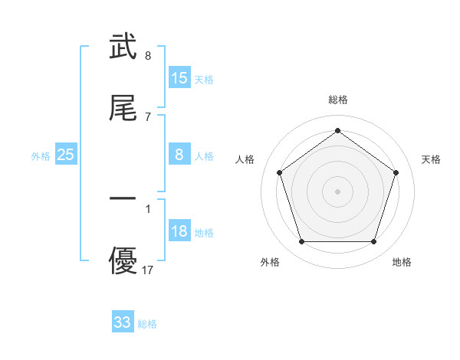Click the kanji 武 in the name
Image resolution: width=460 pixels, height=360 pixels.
(x=123, y=47)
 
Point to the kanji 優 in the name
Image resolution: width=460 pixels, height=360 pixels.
(x=123, y=260)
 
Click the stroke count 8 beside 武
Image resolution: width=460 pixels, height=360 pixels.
(x=147, y=56)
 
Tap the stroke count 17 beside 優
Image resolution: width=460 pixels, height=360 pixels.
(x=148, y=270)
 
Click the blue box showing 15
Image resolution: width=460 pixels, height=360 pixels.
(x=179, y=78)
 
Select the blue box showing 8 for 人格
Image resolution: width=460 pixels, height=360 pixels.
(x=179, y=155)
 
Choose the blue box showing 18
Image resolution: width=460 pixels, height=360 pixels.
(x=179, y=231)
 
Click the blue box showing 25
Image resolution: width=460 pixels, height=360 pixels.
(x=66, y=155)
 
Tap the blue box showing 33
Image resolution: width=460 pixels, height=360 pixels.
(x=123, y=322)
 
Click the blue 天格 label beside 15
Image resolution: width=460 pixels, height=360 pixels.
(x=204, y=80)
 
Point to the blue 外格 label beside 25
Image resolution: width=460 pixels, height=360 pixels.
(x=41, y=156)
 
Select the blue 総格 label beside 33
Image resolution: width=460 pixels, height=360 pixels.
(x=147, y=324)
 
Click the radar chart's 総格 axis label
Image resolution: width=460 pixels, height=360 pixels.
(x=337, y=100)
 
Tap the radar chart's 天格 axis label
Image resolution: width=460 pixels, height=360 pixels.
(x=432, y=159)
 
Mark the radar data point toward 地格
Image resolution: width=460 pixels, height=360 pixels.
(x=373, y=242)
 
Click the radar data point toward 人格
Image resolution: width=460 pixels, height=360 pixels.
(x=279, y=172)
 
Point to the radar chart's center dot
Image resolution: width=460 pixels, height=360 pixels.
(x=337, y=191)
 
